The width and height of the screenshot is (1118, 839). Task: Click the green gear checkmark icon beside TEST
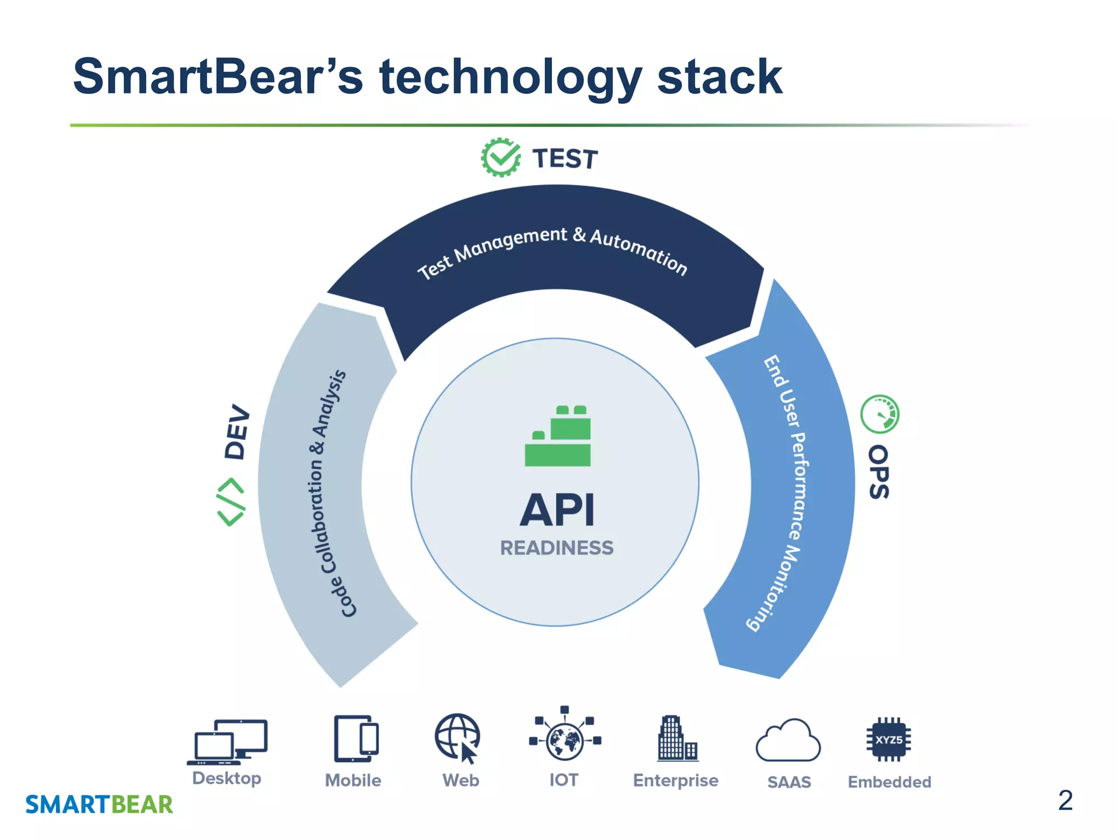coord(501,157)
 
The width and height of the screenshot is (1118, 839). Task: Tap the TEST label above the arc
coord(565,159)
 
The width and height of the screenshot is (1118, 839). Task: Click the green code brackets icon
coord(231,502)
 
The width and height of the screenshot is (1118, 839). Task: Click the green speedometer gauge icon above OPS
coord(879,414)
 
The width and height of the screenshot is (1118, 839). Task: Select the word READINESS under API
coord(557,548)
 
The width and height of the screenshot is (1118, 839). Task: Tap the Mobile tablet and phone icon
coord(356,738)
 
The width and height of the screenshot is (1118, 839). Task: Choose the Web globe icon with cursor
coord(458,738)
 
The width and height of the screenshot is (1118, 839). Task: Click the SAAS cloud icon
coord(788,741)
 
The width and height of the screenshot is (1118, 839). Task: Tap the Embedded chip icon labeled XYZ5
coord(889,739)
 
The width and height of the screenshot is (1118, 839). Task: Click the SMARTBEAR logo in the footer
coord(99,805)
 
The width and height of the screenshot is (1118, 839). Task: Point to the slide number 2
coord(1065,801)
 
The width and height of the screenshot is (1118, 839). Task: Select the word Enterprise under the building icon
coord(675,781)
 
